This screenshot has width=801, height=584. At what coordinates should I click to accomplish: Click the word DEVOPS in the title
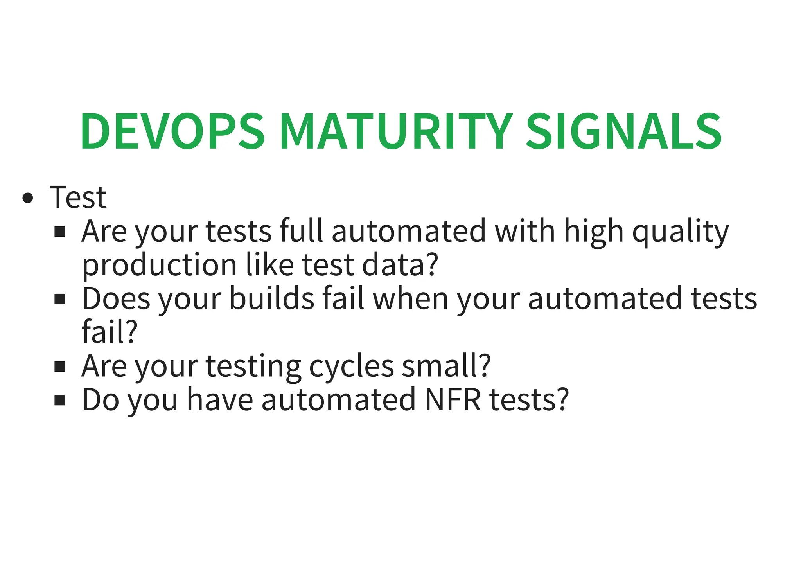pyautogui.click(x=172, y=131)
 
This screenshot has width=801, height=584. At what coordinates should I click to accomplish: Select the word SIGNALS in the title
pyautogui.click(x=623, y=131)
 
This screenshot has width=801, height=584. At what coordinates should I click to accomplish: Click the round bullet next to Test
pyautogui.click(x=28, y=198)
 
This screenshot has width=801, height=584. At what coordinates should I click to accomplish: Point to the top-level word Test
pyautogui.click(x=78, y=198)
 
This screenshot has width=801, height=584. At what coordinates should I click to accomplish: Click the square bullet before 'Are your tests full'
pyautogui.click(x=60, y=232)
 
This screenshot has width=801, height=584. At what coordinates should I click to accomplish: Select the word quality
pyautogui.click(x=681, y=232)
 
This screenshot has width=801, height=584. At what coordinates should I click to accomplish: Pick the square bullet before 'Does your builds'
pyautogui.click(x=60, y=300)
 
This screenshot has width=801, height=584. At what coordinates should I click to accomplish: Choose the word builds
pyautogui.click(x=272, y=299)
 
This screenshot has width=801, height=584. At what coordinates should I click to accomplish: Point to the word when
pyautogui.click(x=410, y=299)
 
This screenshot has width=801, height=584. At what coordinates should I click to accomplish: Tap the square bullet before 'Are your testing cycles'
pyautogui.click(x=60, y=367)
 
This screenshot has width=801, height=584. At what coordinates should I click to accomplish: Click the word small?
pyautogui.click(x=446, y=366)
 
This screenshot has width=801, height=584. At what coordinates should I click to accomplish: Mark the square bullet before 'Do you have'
pyautogui.click(x=60, y=401)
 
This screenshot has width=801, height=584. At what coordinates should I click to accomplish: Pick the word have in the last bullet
pyautogui.click(x=220, y=400)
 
